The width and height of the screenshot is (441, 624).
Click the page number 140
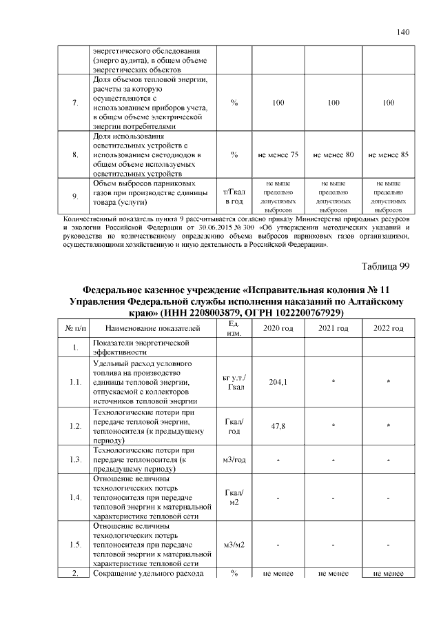pyautogui.click(x=403, y=32)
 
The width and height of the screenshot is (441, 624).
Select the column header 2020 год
pyautogui.click(x=278, y=328)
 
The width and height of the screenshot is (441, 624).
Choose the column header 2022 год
pyautogui.click(x=389, y=328)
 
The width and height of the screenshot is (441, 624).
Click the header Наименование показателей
pyautogui.click(x=153, y=328)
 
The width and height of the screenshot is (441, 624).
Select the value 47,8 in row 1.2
pyautogui.click(x=278, y=426)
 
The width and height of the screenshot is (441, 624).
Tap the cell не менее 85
pyautogui.click(x=389, y=155)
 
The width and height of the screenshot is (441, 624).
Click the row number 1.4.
pyautogui.click(x=74, y=497)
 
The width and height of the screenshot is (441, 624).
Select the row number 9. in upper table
pyautogui.click(x=74, y=197)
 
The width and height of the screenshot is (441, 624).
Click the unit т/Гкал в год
pyautogui.click(x=234, y=197)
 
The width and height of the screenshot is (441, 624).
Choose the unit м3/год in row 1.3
pyautogui.click(x=234, y=460)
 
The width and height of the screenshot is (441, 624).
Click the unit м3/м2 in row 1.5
pyautogui.click(x=234, y=545)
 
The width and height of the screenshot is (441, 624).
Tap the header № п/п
pyautogui.click(x=74, y=328)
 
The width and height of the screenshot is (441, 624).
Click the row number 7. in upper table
pyautogui.click(x=74, y=103)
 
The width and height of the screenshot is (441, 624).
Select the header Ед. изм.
pyautogui.click(x=234, y=328)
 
